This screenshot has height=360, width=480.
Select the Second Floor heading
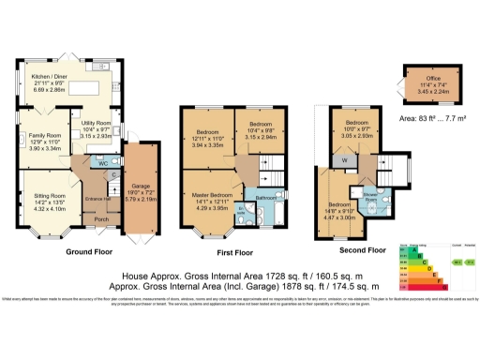pos(360,250)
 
